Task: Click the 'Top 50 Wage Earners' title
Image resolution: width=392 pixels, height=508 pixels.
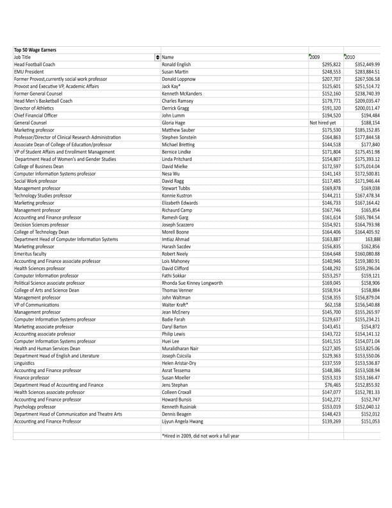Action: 35,50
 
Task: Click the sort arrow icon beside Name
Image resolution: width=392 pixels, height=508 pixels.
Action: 158,58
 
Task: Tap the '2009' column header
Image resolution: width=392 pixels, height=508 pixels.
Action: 314,58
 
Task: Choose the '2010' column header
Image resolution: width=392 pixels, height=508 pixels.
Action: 350,58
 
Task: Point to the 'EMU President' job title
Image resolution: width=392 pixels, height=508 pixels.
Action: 29,72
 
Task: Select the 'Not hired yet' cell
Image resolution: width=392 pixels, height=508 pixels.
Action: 323,122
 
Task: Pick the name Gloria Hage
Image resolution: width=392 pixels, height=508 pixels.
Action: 174,122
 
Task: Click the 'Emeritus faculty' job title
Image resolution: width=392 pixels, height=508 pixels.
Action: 31,255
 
